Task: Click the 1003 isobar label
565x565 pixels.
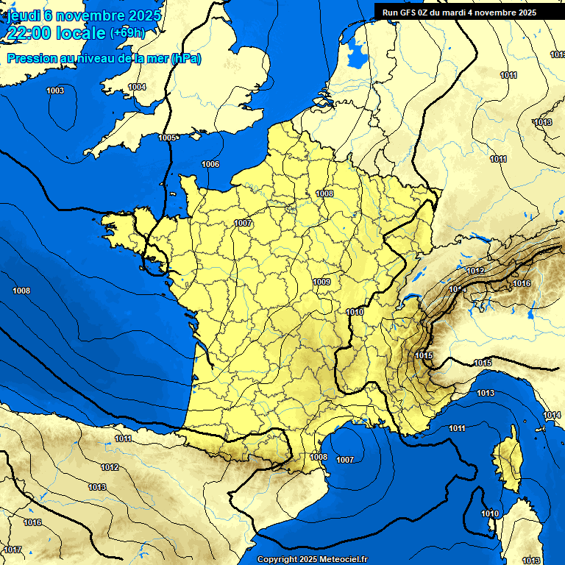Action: pyautogui.click(x=55, y=90)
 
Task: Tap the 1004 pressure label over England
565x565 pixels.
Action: pyautogui.click(x=137, y=87)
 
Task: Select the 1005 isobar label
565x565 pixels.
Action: pyautogui.click(x=167, y=138)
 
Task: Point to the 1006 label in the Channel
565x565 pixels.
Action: pyautogui.click(x=210, y=163)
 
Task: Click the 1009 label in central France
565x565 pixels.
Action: pyautogui.click(x=321, y=282)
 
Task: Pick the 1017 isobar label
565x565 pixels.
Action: pyautogui.click(x=13, y=550)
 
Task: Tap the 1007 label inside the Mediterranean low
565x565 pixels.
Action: pyautogui.click(x=345, y=460)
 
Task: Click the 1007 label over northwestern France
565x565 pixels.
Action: pyautogui.click(x=244, y=223)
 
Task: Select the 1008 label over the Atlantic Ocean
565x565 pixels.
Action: pyautogui.click(x=21, y=291)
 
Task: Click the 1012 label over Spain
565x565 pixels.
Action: pyautogui.click(x=110, y=467)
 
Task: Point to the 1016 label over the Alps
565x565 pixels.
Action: pyautogui.click(x=522, y=283)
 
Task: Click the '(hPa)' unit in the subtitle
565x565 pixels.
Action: pyautogui.click(x=186, y=59)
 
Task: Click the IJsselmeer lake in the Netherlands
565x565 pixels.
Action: pyautogui.click(x=356, y=51)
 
